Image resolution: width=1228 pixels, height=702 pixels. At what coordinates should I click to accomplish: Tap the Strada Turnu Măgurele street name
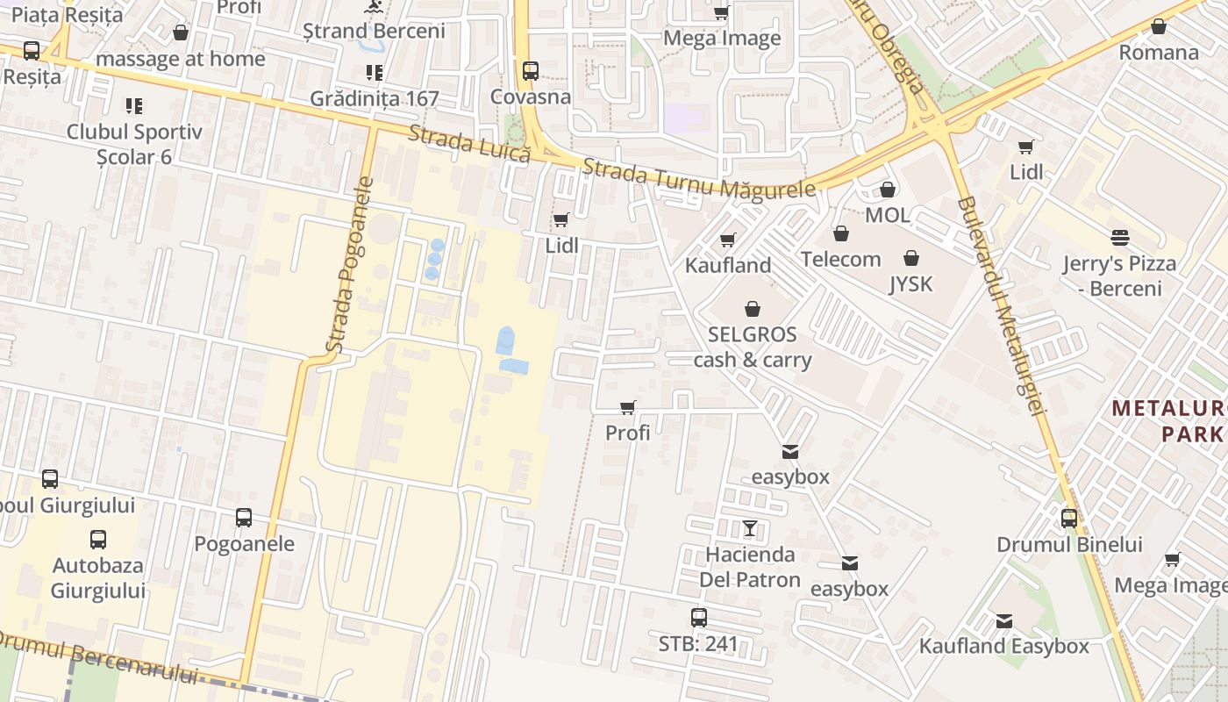click(698, 179)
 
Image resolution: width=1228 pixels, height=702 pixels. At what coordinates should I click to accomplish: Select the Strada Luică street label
click(470, 142)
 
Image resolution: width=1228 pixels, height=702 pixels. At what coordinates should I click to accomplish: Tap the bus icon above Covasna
click(530, 71)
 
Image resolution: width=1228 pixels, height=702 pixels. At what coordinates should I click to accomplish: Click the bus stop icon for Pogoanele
click(244, 518)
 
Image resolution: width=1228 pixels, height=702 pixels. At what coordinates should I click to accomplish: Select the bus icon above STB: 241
click(698, 618)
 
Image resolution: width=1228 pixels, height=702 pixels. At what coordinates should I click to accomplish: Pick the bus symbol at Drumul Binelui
click(1069, 518)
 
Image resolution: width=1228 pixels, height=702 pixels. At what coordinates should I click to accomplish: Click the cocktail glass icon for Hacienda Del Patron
click(750, 528)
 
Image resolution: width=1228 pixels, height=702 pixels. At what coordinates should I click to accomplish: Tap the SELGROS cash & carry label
click(753, 347)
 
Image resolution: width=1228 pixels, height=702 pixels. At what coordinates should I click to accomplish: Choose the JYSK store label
click(911, 283)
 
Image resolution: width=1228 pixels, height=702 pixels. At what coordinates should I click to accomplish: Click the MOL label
click(888, 215)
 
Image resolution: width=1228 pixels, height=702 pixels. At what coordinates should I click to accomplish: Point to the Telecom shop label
click(840, 259)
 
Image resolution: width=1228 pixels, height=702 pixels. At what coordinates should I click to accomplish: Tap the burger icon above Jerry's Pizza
click(1119, 237)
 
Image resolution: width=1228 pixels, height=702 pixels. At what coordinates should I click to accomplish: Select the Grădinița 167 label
click(375, 98)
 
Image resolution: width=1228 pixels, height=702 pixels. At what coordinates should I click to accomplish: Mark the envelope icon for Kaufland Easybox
click(1004, 621)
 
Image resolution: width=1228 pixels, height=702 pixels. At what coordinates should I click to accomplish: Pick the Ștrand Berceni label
click(375, 31)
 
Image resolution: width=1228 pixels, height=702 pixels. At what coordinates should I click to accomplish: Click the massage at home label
click(181, 59)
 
